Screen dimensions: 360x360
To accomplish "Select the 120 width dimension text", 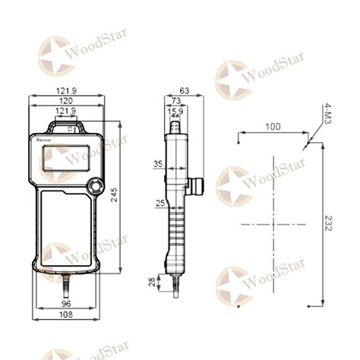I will (66, 101).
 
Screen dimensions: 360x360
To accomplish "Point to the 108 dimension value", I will (66, 314).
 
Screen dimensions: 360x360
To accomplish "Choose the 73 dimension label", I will (175, 101).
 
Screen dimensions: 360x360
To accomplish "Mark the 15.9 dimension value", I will (175, 112).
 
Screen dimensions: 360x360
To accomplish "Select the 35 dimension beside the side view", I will (158, 164).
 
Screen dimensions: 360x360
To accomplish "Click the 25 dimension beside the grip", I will (159, 203).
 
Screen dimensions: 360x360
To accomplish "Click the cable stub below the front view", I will (66, 285).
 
